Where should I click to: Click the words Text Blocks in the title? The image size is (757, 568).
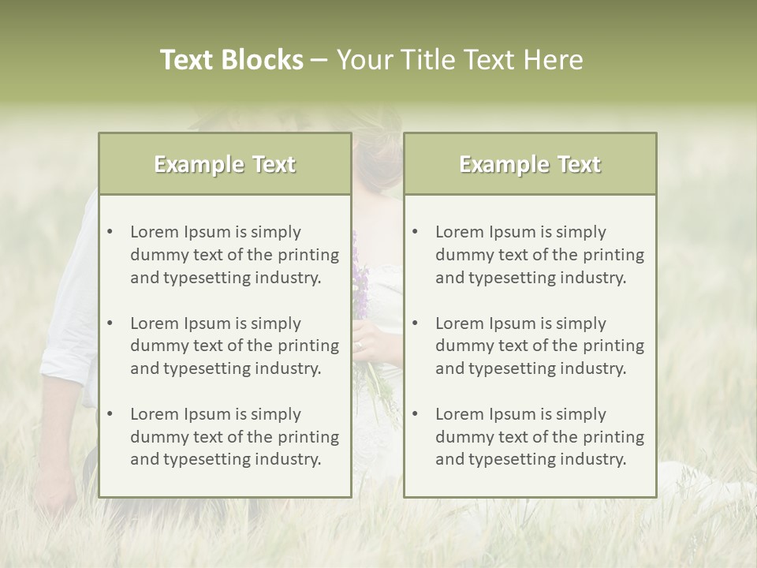click(231, 60)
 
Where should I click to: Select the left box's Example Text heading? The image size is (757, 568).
click(225, 164)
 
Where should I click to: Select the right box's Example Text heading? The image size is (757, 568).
click(530, 164)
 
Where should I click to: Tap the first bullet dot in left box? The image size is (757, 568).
click(110, 232)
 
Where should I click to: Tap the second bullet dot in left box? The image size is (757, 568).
click(110, 323)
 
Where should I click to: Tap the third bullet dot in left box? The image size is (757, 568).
click(110, 414)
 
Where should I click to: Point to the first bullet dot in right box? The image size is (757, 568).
click(415, 232)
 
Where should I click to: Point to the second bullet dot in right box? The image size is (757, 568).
click(415, 323)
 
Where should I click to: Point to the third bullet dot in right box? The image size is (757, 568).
click(415, 414)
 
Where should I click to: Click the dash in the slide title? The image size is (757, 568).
click(319, 60)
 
